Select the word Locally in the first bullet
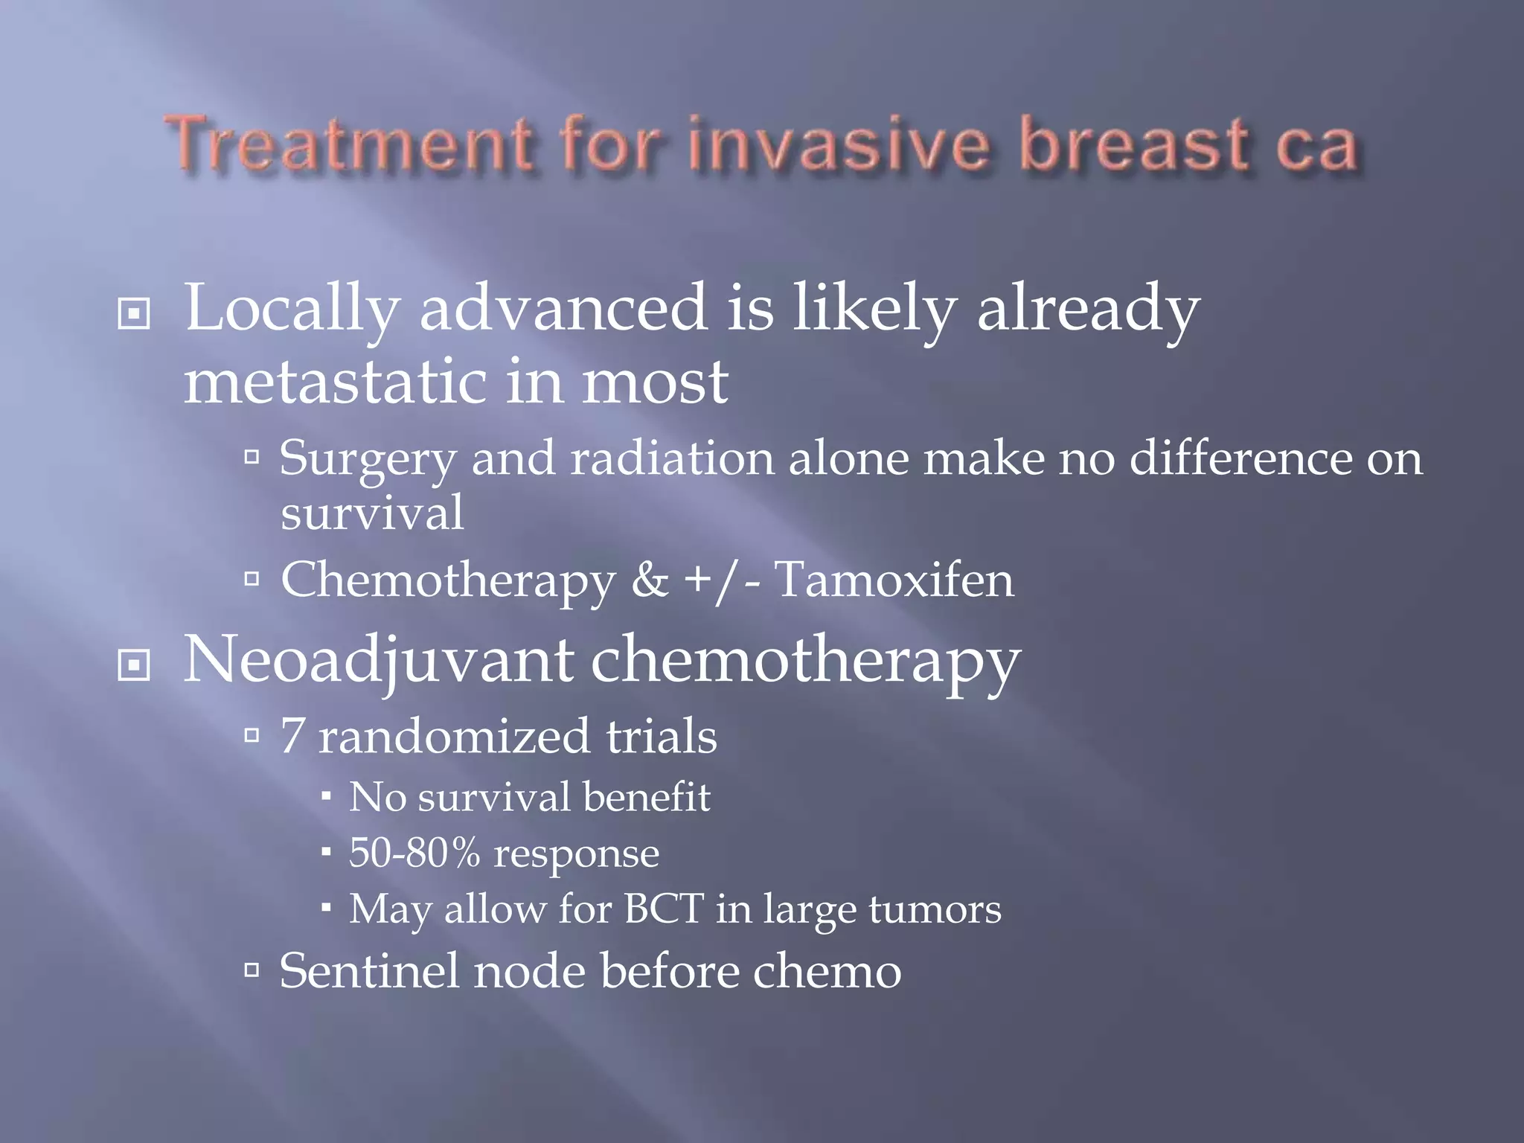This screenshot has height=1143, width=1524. pos(290,309)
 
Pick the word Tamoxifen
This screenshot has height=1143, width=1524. pos(894,580)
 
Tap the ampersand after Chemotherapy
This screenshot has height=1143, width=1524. pos(650,580)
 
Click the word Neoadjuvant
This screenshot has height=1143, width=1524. pos(378,660)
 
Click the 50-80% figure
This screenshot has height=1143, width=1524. pos(414,853)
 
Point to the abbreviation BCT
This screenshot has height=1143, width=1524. pos(664,909)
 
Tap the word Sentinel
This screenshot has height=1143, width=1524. pos(369,971)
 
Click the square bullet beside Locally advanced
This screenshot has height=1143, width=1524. pos(134,314)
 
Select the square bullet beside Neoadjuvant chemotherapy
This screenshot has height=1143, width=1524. pos(134,665)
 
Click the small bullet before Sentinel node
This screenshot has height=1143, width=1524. pos(252,970)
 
